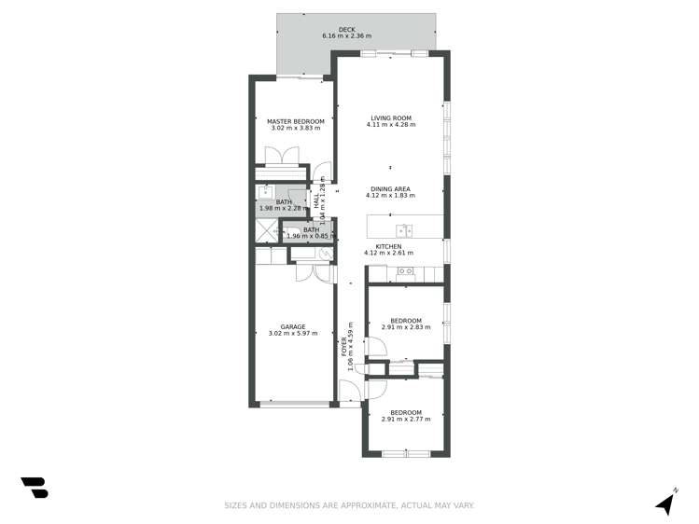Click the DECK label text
(x=346, y=30)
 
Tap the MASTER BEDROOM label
(x=295, y=121)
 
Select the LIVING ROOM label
(x=389, y=118)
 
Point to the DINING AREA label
(x=389, y=189)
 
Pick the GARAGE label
(x=292, y=327)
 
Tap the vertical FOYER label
(x=343, y=347)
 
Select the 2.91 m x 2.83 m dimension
(x=406, y=327)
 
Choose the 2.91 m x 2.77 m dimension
(x=406, y=420)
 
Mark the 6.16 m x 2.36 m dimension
(x=346, y=36)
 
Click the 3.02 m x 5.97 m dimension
(x=292, y=334)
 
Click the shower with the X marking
(x=267, y=232)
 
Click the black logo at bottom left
(x=35, y=487)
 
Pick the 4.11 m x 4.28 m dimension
(x=389, y=125)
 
